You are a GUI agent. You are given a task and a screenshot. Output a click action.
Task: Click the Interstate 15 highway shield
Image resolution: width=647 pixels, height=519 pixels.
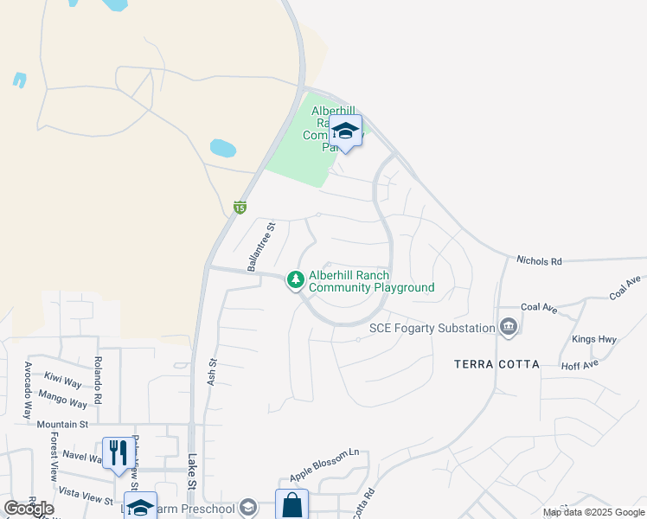(x=240, y=207)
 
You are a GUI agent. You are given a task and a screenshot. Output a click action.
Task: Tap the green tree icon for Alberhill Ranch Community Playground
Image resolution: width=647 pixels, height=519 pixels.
(x=296, y=279)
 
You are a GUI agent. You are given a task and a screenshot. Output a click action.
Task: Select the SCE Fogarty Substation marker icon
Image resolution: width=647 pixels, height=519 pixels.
(x=508, y=327)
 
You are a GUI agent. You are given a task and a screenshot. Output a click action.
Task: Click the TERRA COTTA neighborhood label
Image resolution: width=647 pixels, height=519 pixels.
(x=496, y=364)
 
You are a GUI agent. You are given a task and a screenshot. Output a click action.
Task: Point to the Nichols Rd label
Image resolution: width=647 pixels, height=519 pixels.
(x=539, y=259)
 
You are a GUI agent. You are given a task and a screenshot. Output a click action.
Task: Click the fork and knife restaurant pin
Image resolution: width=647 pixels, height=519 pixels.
(x=115, y=452)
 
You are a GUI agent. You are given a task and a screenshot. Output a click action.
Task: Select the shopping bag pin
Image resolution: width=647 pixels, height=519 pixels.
(x=291, y=504)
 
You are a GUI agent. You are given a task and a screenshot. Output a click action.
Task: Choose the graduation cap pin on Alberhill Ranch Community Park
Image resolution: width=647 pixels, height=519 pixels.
(x=345, y=131)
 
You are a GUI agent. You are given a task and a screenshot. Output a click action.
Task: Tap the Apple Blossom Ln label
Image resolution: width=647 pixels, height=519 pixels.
(x=324, y=465)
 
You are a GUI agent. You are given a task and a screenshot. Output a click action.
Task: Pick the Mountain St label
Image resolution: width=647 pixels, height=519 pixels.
(x=63, y=424)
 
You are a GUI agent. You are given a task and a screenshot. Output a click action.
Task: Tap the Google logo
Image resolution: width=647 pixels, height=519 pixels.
(x=29, y=508)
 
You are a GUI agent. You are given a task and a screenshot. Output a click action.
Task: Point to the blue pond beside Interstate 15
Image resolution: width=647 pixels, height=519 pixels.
(x=222, y=148)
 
